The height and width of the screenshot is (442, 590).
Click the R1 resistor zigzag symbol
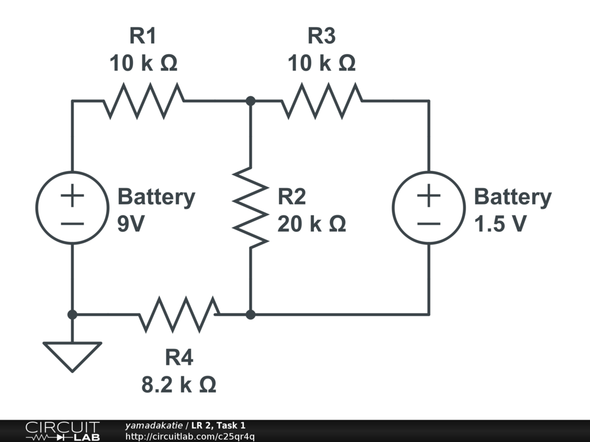coord(144,101)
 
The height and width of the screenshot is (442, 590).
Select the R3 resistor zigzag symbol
coord(322,101)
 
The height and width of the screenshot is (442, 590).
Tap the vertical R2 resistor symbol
coord(251,207)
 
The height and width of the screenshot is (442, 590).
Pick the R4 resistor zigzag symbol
coord(179,315)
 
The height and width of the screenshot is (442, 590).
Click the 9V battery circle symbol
coord(72,207)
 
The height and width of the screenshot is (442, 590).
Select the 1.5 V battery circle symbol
coord(429,207)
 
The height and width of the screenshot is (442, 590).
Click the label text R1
coord(143,36)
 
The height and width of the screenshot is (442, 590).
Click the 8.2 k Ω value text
coord(179,384)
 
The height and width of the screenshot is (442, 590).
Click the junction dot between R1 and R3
coord(251,101)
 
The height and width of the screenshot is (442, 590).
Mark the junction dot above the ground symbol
coord(72,315)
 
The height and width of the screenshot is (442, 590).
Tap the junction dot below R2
coord(251,315)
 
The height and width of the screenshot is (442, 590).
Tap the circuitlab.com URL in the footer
coord(190,437)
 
